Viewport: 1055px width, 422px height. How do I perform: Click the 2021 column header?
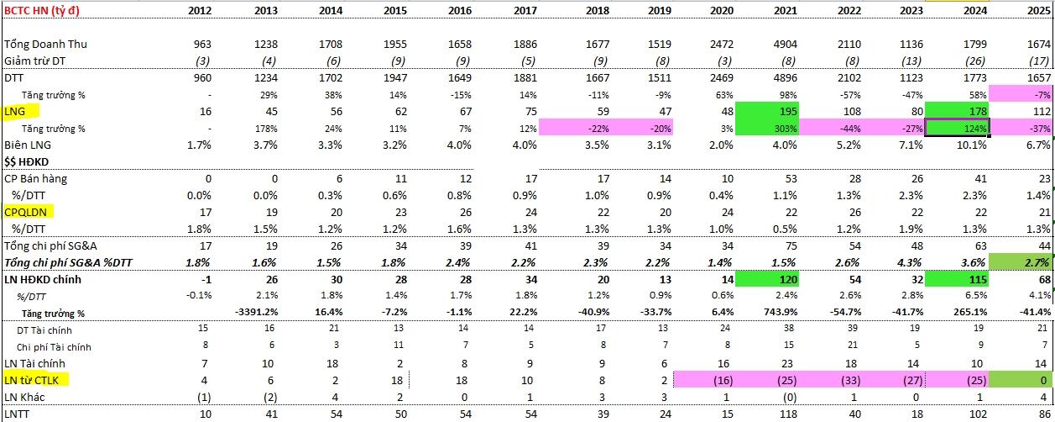click(x=785, y=10)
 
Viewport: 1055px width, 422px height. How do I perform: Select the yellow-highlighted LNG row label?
click(x=14, y=112)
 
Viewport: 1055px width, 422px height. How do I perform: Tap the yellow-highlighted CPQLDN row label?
click(x=25, y=212)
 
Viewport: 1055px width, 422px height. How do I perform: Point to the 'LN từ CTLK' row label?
click(x=32, y=380)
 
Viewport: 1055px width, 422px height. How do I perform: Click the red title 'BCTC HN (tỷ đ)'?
click(x=42, y=10)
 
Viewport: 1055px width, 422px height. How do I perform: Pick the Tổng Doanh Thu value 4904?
click(x=785, y=45)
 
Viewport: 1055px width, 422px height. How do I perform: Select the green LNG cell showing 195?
click(x=767, y=111)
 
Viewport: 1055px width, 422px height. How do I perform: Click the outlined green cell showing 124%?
click(x=957, y=129)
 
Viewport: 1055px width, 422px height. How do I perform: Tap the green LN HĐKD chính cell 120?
click(x=767, y=280)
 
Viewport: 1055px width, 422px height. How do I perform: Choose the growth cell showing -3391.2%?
click(x=256, y=312)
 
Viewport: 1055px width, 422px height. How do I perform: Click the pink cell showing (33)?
click(x=850, y=381)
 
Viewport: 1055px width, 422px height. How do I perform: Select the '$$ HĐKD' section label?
click(x=26, y=162)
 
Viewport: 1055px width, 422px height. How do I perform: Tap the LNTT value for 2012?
click(x=206, y=414)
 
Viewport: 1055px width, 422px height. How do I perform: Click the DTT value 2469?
click(x=722, y=78)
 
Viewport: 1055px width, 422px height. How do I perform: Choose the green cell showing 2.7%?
click(x=1020, y=262)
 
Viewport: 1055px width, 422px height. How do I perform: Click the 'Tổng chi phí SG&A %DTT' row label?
click(x=68, y=262)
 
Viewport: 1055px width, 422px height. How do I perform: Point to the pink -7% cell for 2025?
click(x=1020, y=94)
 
